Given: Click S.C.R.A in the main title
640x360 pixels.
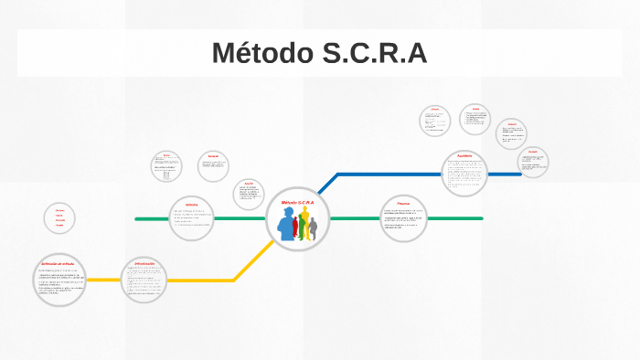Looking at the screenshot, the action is (x=375, y=53).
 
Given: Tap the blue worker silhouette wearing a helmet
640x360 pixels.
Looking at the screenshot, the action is (x=288, y=227).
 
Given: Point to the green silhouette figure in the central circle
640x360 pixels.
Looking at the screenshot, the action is (x=300, y=226).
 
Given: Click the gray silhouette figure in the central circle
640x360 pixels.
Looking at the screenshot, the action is (x=313, y=229).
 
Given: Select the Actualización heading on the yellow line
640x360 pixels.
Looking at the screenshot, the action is (x=144, y=263).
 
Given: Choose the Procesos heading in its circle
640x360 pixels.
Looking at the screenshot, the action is (x=402, y=202).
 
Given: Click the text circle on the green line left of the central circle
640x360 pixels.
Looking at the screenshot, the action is (x=191, y=218).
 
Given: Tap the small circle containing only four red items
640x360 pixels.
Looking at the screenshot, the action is (x=59, y=218).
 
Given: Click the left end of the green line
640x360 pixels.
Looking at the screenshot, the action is (x=137, y=219).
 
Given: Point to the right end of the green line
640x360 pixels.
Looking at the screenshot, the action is (x=481, y=218).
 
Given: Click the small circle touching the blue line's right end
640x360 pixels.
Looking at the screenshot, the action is (x=533, y=162).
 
